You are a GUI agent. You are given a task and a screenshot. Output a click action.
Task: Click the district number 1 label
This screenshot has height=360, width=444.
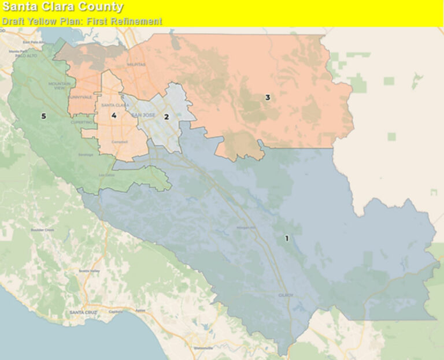click(287, 238)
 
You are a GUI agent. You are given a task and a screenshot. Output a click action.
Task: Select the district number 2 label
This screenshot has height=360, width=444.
click(166, 117)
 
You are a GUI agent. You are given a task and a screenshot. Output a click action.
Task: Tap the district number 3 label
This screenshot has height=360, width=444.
click(267, 98)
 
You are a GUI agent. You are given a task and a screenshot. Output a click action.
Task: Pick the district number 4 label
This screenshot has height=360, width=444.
click(114, 116)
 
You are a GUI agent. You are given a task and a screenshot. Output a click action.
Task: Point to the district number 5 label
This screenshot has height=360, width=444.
click(43, 116)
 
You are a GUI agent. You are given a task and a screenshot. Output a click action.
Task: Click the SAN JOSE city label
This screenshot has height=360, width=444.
click(145, 116)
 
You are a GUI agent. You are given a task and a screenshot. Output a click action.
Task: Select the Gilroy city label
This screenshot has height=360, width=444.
click(287, 295)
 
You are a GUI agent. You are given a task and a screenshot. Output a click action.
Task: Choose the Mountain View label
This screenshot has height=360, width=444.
click(58, 86)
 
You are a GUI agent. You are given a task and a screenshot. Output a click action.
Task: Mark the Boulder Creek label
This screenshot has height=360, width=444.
click(42, 230)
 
